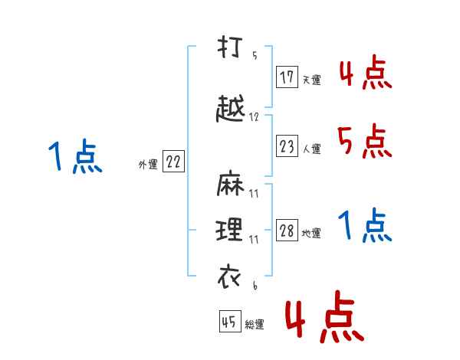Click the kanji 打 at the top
click(x=229, y=47)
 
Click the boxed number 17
click(x=287, y=77)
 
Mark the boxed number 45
click(x=229, y=322)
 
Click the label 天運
click(x=310, y=80)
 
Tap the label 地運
click(x=311, y=234)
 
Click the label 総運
click(x=254, y=324)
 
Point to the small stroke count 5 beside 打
click(x=254, y=55)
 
